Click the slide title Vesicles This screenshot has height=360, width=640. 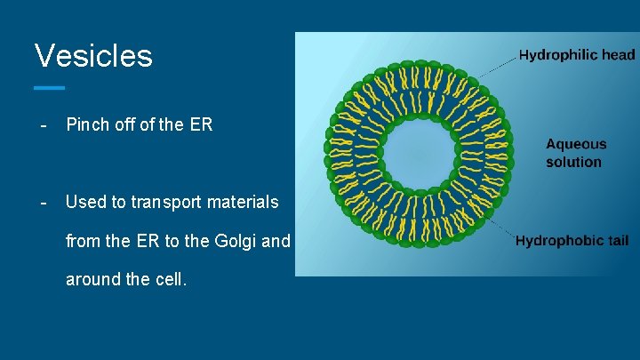93,56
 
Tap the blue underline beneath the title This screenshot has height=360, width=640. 50,88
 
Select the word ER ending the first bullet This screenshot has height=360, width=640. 201,125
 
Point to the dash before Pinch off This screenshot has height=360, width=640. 42,125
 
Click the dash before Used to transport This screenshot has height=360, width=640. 42,202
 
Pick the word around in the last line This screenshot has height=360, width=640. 92,279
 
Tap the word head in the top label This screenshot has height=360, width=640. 617,55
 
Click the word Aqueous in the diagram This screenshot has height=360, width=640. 576,144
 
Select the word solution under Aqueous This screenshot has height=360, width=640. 573,163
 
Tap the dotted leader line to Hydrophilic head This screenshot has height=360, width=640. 498,63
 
